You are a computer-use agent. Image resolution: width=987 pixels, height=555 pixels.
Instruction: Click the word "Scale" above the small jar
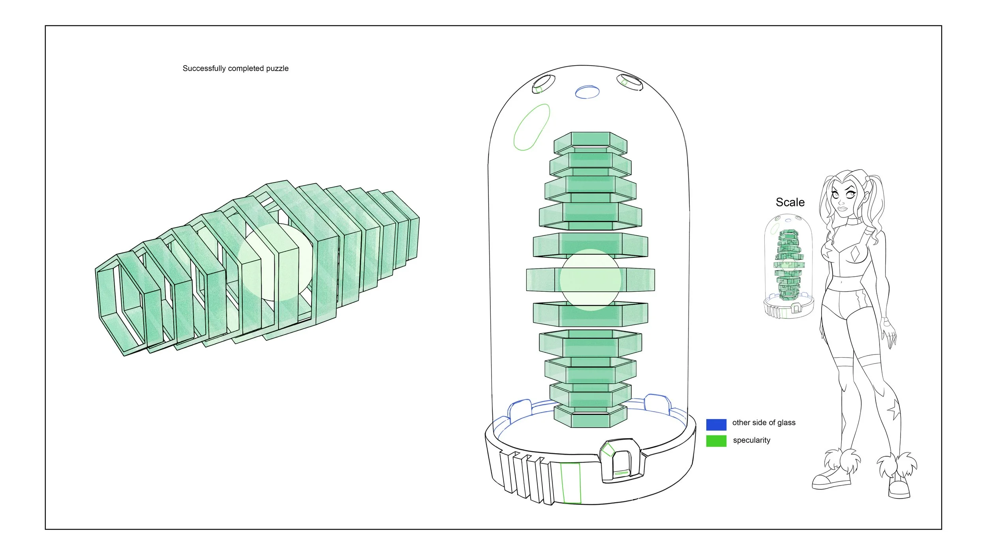pyautogui.click(x=790, y=202)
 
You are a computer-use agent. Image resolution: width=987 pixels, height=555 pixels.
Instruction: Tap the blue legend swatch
pyautogui.click(x=716, y=424)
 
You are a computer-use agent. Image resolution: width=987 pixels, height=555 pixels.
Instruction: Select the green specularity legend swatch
pyautogui.click(x=716, y=441)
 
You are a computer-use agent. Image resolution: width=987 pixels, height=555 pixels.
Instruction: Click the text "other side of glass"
pyautogui.click(x=764, y=422)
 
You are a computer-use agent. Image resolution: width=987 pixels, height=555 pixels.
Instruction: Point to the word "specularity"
pyautogui.click(x=752, y=440)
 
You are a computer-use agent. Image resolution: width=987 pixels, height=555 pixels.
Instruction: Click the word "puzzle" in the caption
pyautogui.click(x=277, y=68)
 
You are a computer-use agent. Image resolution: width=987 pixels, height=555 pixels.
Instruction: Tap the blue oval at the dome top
pyautogui.click(x=587, y=92)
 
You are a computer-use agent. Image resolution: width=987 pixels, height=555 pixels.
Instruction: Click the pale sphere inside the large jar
pyautogui.click(x=590, y=279)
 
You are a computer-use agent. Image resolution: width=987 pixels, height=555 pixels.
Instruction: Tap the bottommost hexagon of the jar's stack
pyautogui.click(x=590, y=417)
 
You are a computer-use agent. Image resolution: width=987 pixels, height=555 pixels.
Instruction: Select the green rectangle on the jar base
pyautogui.click(x=571, y=483)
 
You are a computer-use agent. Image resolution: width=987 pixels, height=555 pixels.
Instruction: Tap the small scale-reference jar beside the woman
pyautogui.click(x=788, y=266)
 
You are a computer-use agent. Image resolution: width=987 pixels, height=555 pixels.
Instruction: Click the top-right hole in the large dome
pyautogui.click(x=630, y=82)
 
